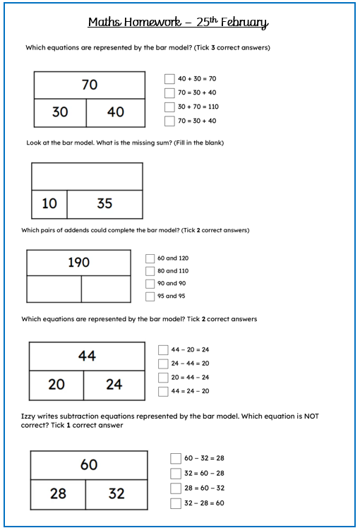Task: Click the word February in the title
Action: (x=244, y=23)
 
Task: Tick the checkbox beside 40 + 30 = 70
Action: (x=169, y=79)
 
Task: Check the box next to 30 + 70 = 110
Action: (x=169, y=107)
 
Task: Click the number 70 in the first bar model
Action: (x=90, y=85)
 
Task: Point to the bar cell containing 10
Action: (x=49, y=204)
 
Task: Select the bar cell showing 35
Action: (x=104, y=204)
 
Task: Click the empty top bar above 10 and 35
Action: (x=87, y=176)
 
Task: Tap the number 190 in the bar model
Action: (x=78, y=263)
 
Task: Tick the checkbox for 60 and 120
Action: (x=150, y=258)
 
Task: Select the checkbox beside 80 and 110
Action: (x=150, y=271)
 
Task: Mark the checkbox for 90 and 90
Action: (x=150, y=284)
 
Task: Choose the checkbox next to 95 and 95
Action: (x=150, y=296)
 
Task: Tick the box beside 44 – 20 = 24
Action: (x=164, y=349)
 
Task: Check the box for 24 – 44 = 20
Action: (x=164, y=364)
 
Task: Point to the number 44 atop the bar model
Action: (x=87, y=356)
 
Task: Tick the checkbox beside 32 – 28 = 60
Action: (x=176, y=503)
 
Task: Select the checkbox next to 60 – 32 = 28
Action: (x=176, y=459)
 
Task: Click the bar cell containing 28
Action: (x=59, y=493)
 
